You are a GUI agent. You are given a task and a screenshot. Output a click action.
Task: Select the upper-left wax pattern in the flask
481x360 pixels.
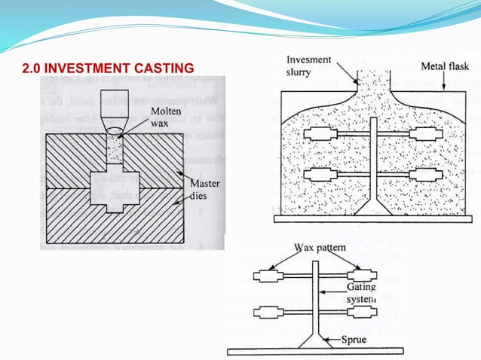tap(317, 135)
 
